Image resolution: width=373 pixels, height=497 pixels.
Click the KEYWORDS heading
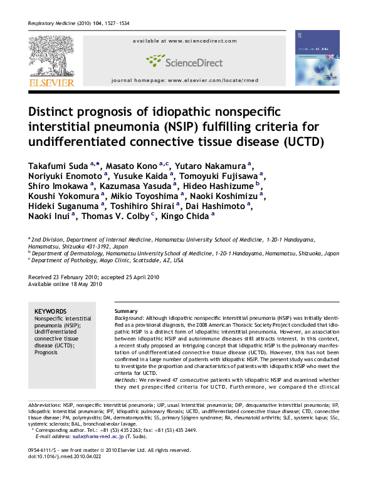click(50, 311)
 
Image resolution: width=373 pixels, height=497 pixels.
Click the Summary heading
click(124, 311)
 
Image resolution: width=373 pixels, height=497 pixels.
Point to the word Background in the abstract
click(130, 318)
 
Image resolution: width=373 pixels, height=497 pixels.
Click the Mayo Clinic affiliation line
click(107, 259)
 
